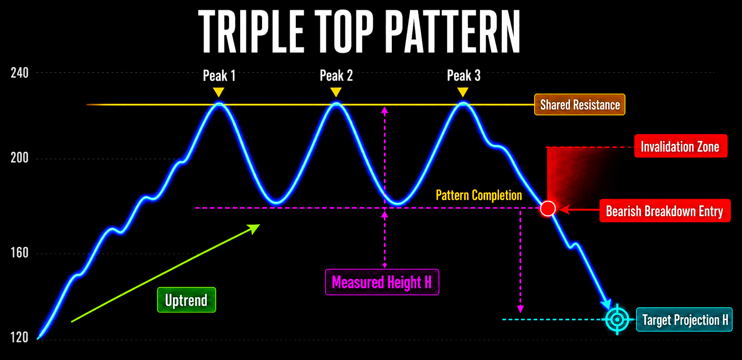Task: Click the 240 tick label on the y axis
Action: [19, 73]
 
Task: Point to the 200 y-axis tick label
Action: [19, 157]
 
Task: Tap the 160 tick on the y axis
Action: [19, 253]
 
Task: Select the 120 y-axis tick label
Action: [19, 337]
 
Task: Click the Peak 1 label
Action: [219, 76]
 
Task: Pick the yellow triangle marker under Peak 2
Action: [336, 92]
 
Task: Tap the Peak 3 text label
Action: [463, 76]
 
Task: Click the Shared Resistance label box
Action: [580, 105]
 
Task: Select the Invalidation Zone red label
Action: [681, 146]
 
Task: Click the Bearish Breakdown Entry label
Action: [665, 211]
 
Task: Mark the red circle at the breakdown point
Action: [548, 209]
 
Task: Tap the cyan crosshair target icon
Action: [617, 320]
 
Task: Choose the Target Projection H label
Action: [684, 320]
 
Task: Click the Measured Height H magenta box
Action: [382, 282]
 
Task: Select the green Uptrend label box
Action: [186, 300]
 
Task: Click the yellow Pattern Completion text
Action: [479, 195]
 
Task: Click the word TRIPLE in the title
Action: [251, 31]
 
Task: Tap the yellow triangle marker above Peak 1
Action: [218, 92]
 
